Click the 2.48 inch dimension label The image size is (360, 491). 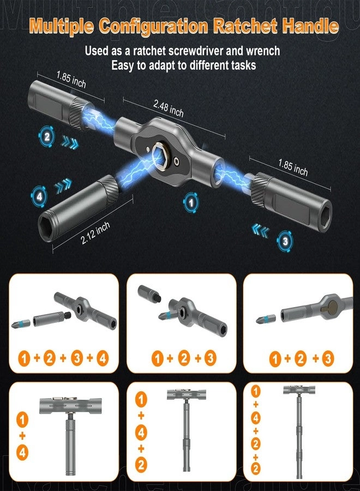point(169,110)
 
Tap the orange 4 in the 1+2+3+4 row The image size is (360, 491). point(103,358)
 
